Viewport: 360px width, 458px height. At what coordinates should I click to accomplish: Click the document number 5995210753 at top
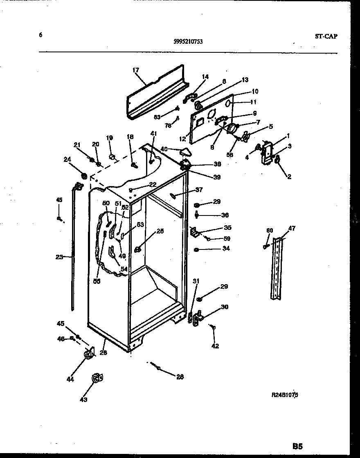point(189,41)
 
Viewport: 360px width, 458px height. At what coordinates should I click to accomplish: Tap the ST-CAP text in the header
point(326,36)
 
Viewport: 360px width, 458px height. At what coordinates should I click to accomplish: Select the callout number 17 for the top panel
point(136,70)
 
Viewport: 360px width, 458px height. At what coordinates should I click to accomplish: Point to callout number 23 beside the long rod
point(59,257)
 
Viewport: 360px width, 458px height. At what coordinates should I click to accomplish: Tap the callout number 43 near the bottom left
point(83,400)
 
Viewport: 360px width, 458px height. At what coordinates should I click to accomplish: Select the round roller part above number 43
point(97,379)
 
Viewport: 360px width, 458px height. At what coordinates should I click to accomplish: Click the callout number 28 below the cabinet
point(180,377)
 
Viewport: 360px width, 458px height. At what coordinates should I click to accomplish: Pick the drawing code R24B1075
point(285,395)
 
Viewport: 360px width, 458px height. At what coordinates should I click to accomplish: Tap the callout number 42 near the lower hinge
point(215,346)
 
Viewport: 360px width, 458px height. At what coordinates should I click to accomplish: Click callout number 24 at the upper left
point(67,159)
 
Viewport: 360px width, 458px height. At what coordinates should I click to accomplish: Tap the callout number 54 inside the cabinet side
point(124,269)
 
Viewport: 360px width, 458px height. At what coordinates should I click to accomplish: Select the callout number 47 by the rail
point(291,228)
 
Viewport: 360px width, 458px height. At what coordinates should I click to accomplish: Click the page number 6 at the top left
point(40,35)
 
